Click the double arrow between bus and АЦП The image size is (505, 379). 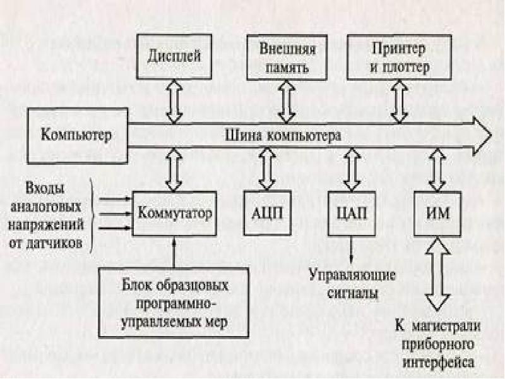(267, 169)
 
